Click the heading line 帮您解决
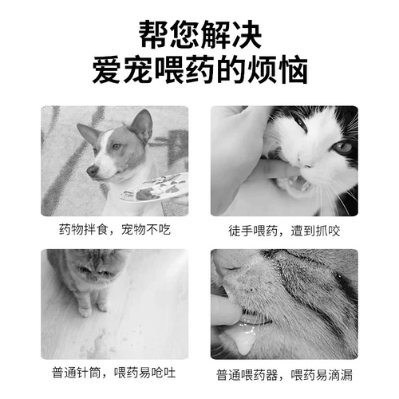(199, 34)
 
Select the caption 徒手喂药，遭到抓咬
(283, 230)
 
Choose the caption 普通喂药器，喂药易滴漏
(284, 374)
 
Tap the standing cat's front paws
(93, 306)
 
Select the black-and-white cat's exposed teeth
(296, 185)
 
